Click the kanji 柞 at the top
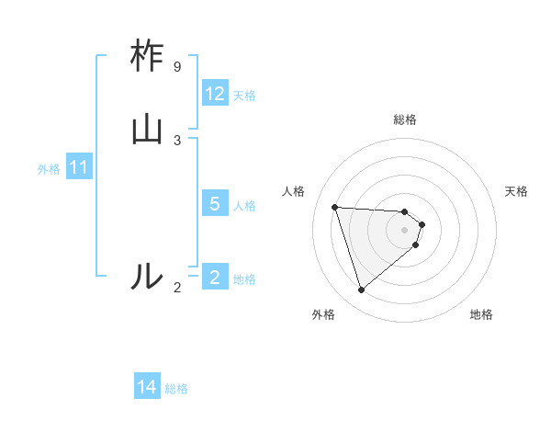(147, 56)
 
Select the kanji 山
(147, 130)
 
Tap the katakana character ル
(147, 275)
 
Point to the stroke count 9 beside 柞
(177, 67)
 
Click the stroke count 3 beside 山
(177, 140)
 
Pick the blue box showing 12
(215, 94)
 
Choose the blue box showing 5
(215, 204)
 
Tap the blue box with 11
(79, 168)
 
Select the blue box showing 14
(147, 387)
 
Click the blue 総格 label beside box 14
(176, 389)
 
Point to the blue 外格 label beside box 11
(49, 169)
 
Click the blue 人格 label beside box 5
(244, 205)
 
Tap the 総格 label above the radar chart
(405, 119)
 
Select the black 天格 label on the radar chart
(516, 191)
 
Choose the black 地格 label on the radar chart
(481, 314)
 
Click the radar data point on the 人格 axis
(335, 207)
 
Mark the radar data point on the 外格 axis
(362, 290)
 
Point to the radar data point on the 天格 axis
(422, 224)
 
